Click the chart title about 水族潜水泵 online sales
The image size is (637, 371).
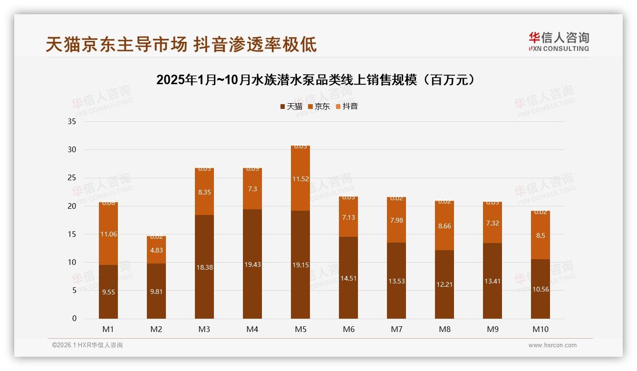click(316, 80)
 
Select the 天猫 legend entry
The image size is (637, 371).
click(291, 106)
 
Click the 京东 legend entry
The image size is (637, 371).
click(319, 106)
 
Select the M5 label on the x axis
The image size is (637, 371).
click(300, 329)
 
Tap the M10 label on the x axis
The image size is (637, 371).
click(540, 329)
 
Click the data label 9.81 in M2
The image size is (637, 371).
click(156, 292)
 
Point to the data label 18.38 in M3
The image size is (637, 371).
click(204, 267)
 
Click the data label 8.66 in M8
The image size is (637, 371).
click(444, 226)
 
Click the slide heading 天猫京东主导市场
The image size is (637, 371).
click(116, 45)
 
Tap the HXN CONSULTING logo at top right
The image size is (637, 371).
click(559, 42)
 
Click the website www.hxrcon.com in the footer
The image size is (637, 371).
click(552, 345)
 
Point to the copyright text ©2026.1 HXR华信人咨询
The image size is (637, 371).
click(87, 345)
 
